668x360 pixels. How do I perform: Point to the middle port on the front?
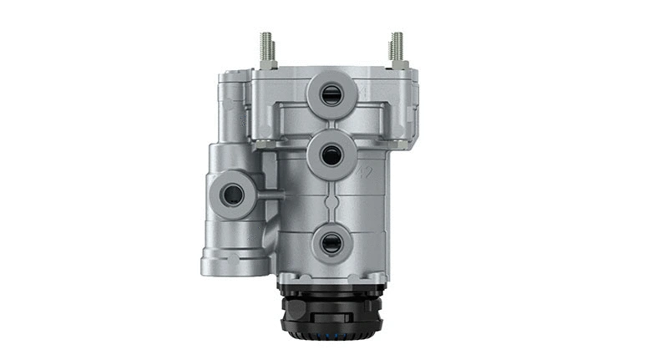331,155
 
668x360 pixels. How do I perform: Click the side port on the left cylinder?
231,195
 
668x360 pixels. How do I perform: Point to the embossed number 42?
364,172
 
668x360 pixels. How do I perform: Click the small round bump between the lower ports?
332,200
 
